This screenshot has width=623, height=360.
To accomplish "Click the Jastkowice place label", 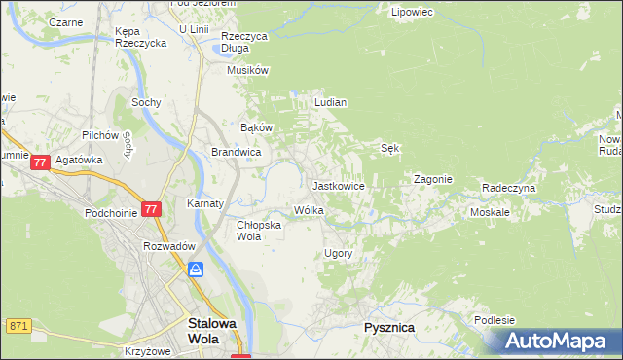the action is tap(338, 185).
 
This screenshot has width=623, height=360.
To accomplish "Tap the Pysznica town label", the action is tap(388, 328).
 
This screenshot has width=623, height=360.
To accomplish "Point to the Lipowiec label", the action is tap(411, 13).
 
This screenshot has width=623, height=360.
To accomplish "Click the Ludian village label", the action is tap(331, 101).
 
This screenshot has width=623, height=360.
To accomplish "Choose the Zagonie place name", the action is tap(433, 179).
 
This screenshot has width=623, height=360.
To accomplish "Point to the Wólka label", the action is tap(309, 210).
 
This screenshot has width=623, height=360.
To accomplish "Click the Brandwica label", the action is tap(236, 152).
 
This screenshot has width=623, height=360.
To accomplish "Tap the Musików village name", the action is tap(247, 70).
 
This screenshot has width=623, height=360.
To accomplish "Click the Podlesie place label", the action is tap(495, 320).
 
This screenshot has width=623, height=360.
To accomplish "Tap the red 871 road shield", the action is tap(18, 325).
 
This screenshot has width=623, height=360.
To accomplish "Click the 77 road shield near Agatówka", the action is tap(40, 164).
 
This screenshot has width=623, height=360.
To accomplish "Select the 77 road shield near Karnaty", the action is tap(150, 209).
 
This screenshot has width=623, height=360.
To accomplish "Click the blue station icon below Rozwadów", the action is tap(196, 270).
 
